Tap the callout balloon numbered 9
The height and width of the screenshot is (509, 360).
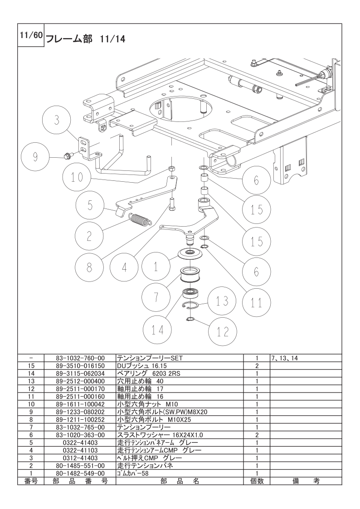(x=35, y=157)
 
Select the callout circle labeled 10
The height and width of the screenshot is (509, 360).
(x=77, y=178)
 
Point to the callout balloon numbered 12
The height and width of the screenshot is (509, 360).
(x=222, y=331)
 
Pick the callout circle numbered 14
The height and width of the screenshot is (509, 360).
(x=157, y=330)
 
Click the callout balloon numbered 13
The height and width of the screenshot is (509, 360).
(x=222, y=301)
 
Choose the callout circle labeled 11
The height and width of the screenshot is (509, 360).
(x=257, y=302)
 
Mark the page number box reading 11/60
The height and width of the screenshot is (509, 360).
(x=30, y=35)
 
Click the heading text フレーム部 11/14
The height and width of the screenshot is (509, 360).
(x=86, y=39)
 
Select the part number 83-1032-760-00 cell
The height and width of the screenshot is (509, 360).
(x=79, y=358)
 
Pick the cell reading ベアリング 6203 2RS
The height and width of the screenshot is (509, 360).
(x=148, y=373)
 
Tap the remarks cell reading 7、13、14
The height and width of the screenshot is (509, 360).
(x=284, y=359)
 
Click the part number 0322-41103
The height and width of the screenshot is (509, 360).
(x=79, y=450)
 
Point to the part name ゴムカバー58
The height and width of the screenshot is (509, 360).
(x=132, y=473)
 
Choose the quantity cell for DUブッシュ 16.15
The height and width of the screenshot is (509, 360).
(x=257, y=366)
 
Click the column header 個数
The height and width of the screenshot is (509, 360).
(x=257, y=481)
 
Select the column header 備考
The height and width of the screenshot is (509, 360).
(x=306, y=481)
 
